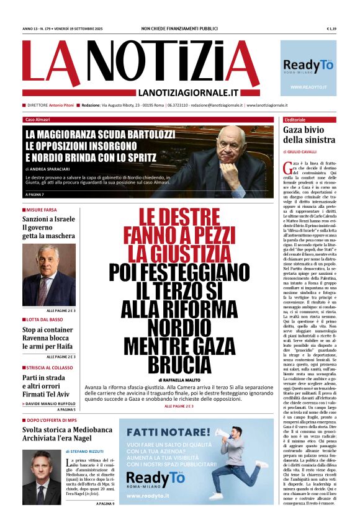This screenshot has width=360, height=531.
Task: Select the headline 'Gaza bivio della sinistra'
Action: pyautogui.click(x=308, y=135)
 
